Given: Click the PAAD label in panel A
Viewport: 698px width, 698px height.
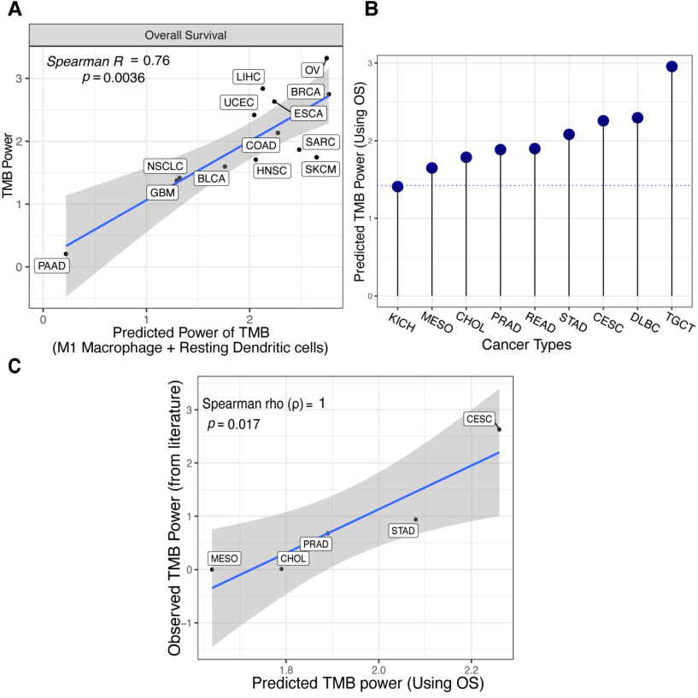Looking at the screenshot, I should [x=50, y=266].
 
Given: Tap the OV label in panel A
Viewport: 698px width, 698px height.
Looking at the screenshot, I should [x=313, y=69].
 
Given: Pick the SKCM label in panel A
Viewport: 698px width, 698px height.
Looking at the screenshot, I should [x=321, y=169].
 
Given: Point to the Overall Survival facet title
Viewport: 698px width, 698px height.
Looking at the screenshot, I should [x=186, y=35].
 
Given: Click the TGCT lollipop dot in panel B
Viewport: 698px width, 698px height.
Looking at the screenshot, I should [x=672, y=67].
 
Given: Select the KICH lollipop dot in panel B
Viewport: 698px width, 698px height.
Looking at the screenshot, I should [x=397, y=186].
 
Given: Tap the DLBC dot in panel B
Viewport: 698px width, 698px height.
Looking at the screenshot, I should [x=637, y=118].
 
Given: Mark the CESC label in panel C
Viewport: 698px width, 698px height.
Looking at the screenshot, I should [x=478, y=419].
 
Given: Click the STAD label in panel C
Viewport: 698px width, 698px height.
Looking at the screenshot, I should [x=402, y=531].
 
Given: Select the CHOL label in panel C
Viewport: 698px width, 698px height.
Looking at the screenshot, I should [x=293, y=559].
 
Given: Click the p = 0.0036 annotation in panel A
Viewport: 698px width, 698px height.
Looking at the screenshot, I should [x=113, y=78].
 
